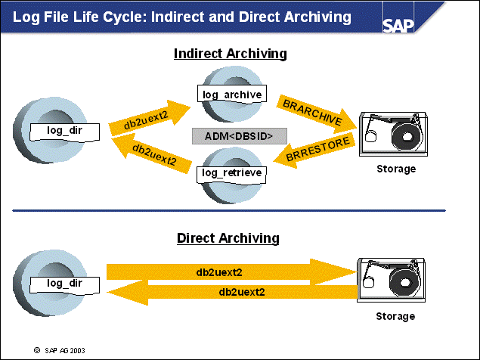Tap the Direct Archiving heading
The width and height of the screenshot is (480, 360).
[228, 238]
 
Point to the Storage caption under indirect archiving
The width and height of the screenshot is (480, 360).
[396, 169]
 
